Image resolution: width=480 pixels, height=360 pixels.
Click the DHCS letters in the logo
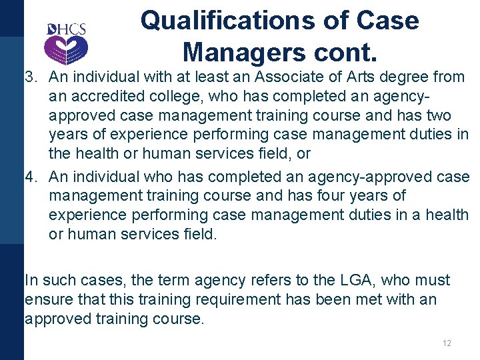67,29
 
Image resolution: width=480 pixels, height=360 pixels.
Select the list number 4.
29,177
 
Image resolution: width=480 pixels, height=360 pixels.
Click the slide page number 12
446,343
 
